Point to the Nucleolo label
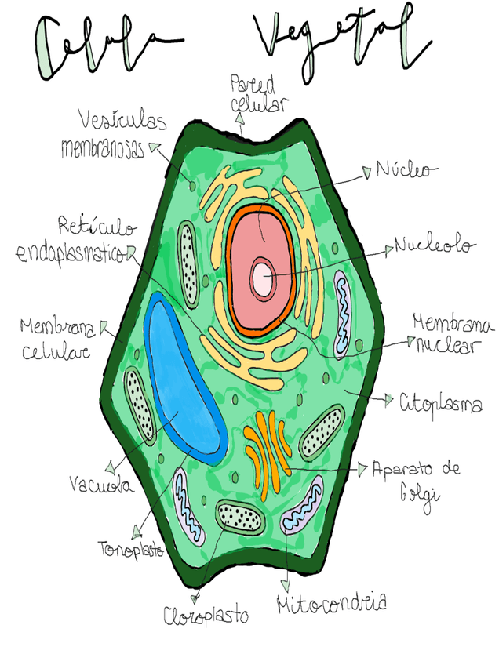point(435,246)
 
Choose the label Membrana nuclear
point(453,334)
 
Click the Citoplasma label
point(440,403)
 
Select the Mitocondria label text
point(332,603)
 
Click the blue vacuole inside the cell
point(182,376)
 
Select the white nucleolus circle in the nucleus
point(262,278)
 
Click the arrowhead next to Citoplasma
point(388,401)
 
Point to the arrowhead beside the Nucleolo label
point(388,249)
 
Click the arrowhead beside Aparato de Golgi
point(362,469)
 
